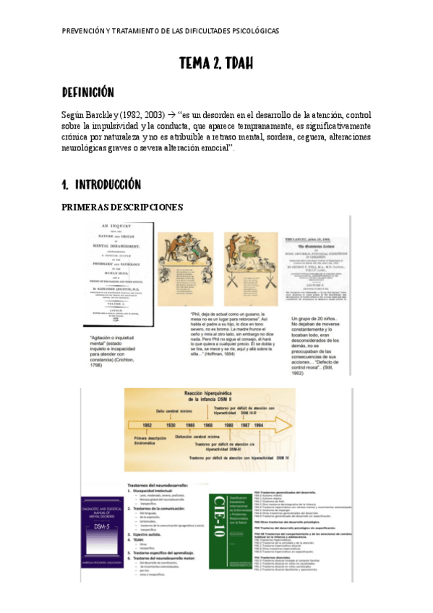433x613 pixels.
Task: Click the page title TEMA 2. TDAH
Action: coord(216,64)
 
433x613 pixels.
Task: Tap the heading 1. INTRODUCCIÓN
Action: coord(101,184)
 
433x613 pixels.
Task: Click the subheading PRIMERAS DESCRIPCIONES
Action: coord(123,207)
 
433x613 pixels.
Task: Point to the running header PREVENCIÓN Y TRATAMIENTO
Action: coord(170,30)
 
